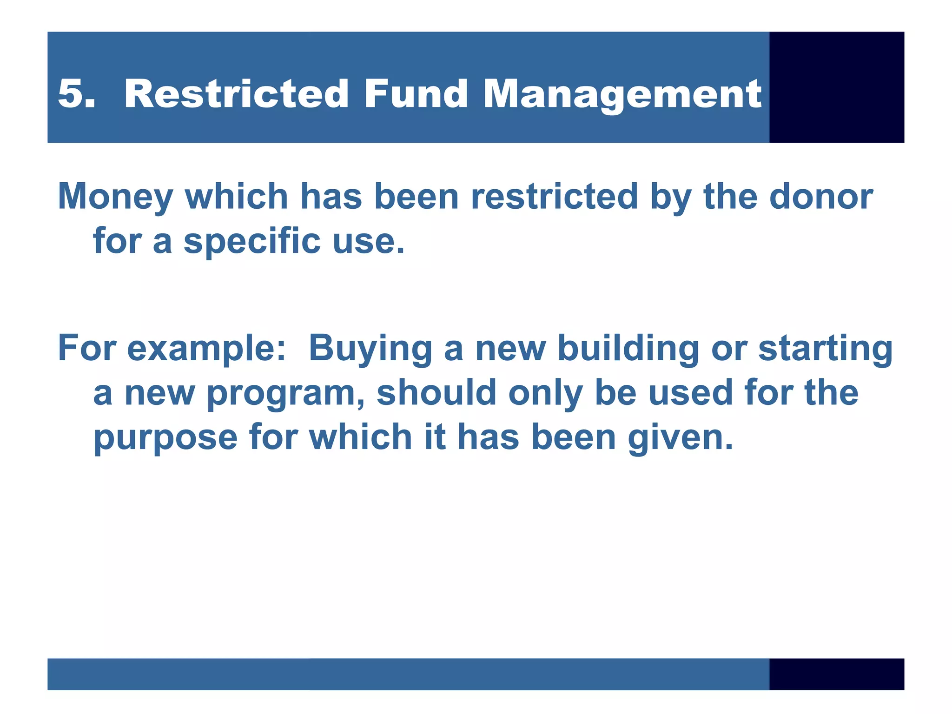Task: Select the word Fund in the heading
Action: point(415,94)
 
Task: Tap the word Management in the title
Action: point(622,95)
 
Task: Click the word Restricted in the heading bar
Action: point(236,94)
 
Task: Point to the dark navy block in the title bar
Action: point(836,87)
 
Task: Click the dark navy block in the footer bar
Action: point(836,674)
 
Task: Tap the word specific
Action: point(252,242)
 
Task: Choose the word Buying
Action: point(370,349)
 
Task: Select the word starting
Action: point(825,349)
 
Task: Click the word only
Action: point(546,393)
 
